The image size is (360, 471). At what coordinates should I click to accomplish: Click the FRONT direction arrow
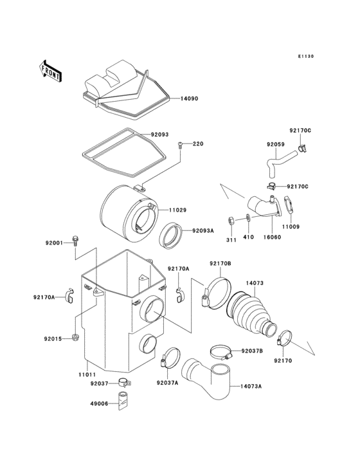pos(50,69)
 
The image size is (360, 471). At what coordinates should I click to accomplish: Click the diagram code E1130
pos(305,57)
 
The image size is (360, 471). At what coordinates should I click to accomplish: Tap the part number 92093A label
pos(203,230)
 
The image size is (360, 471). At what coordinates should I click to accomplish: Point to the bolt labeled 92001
pos(76,241)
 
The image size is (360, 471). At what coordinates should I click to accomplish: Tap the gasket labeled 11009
pos(291,208)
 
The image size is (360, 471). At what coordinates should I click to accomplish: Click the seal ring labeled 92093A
pos(172,235)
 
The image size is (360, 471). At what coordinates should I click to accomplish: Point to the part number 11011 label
pos(87,374)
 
